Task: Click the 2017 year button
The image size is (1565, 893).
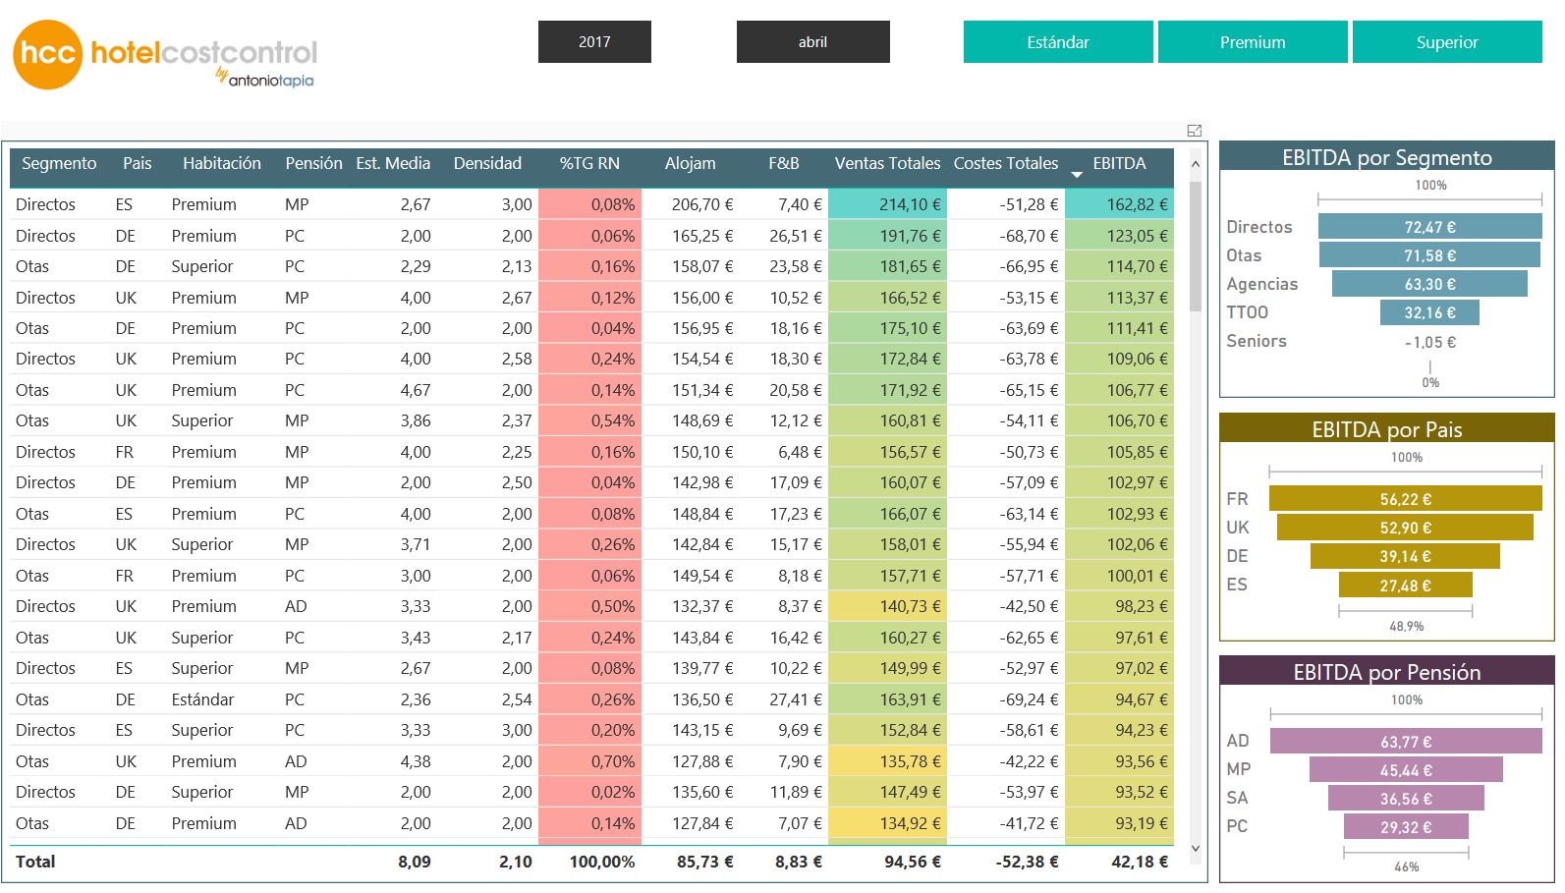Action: [594, 42]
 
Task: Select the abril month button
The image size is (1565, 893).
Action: [813, 42]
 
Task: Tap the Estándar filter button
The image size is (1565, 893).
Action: [1058, 42]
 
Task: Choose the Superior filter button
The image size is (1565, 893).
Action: [1447, 42]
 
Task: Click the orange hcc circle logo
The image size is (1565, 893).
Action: [47, 54]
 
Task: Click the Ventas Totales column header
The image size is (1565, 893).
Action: [887, 163]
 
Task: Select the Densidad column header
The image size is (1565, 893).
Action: [487, 163]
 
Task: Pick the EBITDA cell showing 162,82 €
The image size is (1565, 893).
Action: [1119, 204]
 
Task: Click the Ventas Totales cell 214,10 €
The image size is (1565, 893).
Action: [887, 204]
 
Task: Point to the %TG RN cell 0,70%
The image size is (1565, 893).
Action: [589, 761]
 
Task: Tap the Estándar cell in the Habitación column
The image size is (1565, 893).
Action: [202, 699]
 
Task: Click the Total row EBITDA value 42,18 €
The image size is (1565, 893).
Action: [1140, 862]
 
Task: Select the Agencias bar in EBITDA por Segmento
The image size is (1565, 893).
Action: [1429, 284]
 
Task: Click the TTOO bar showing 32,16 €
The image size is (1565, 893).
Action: [1429, 312]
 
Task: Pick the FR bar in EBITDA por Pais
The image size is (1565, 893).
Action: [1406, 499]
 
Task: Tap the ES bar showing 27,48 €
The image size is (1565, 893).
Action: [1406, 585]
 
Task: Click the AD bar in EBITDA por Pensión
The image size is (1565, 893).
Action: [1406, 742]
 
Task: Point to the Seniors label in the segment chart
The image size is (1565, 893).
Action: [1257, 341]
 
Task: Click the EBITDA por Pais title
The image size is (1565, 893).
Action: [1387, 429]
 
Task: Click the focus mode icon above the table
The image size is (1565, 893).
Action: [1194, 131]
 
